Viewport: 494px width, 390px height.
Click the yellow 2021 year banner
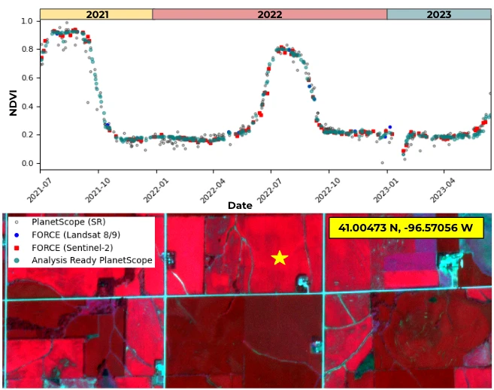point(96,14)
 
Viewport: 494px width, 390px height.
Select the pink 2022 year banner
point(269,14)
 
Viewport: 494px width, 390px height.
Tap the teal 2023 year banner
point(438,14)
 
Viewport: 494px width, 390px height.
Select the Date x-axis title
point(240,205)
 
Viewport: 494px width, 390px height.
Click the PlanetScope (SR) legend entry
point(68,222)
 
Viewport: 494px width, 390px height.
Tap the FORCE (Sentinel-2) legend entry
point(75,247)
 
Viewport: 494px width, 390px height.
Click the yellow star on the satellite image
point(280,258)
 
